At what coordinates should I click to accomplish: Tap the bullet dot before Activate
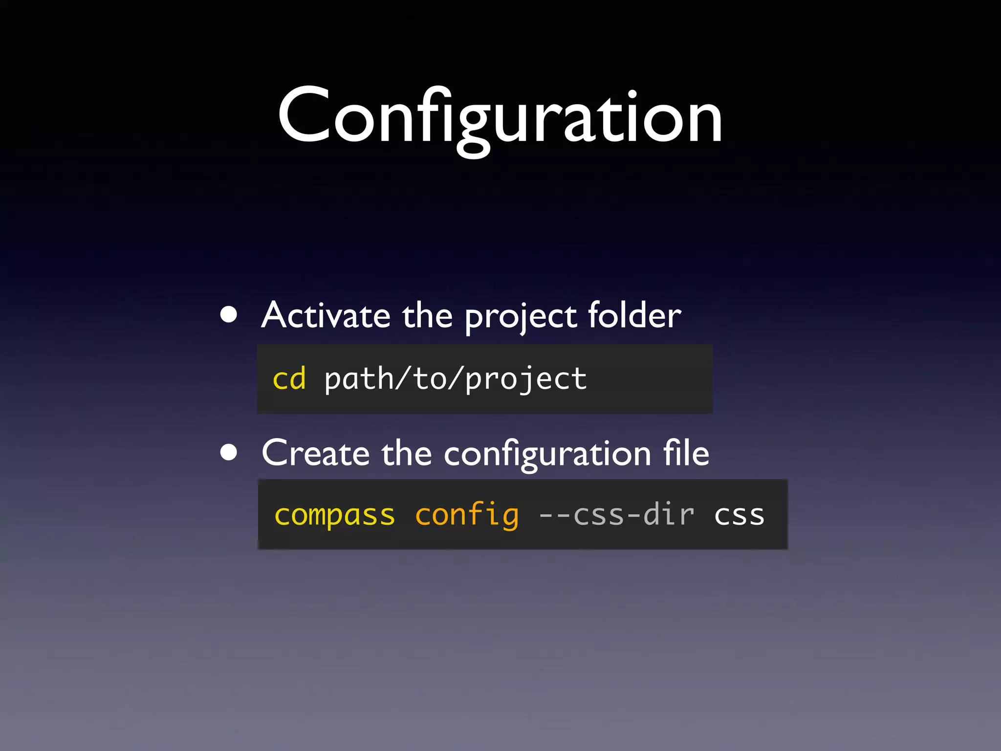(229, 315)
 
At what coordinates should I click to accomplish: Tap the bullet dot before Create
(229, 452)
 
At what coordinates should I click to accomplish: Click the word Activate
(326, 315)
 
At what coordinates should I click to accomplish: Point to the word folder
(634, 315)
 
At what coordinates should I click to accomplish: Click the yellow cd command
(289, 379)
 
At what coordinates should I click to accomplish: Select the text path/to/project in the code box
(456, 380)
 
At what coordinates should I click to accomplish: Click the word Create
(315, 453)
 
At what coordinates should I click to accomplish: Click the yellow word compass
(335, 515)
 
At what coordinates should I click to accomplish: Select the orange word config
(467, 515)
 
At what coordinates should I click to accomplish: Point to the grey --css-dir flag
(616, 515)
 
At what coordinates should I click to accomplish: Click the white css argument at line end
(739, 515)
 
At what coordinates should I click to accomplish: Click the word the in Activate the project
(428, 315)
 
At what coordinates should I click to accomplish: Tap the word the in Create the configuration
(407, 453)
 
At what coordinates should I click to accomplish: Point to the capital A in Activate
(276, 315)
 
